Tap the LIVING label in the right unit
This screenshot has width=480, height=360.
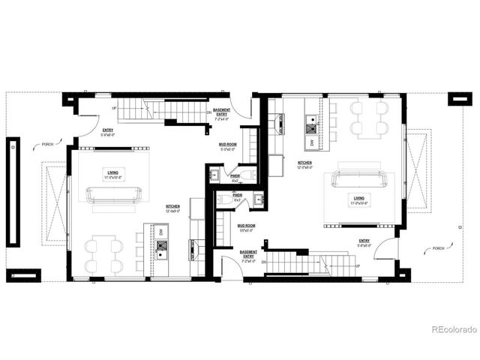359,198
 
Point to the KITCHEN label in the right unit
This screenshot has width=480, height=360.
305,163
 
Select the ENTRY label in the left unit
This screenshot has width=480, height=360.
108,130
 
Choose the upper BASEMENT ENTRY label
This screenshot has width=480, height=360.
222,112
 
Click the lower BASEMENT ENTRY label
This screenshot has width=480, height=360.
248,254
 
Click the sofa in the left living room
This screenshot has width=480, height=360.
116,194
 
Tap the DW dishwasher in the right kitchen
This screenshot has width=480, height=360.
312,141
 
